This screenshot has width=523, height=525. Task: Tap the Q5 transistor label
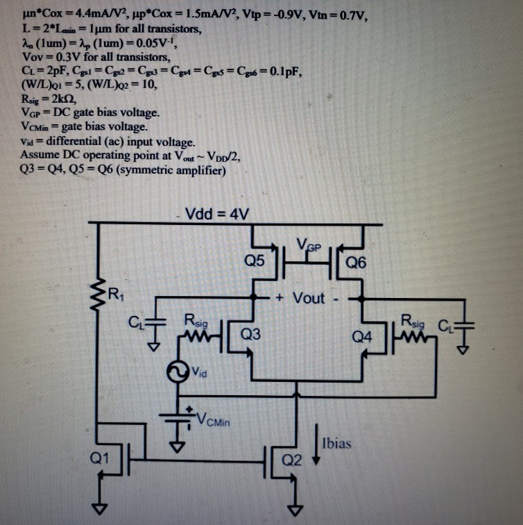pos(255,261)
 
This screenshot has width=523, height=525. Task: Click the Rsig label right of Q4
pos(415,321)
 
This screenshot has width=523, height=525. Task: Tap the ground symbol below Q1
pos(103,508)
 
